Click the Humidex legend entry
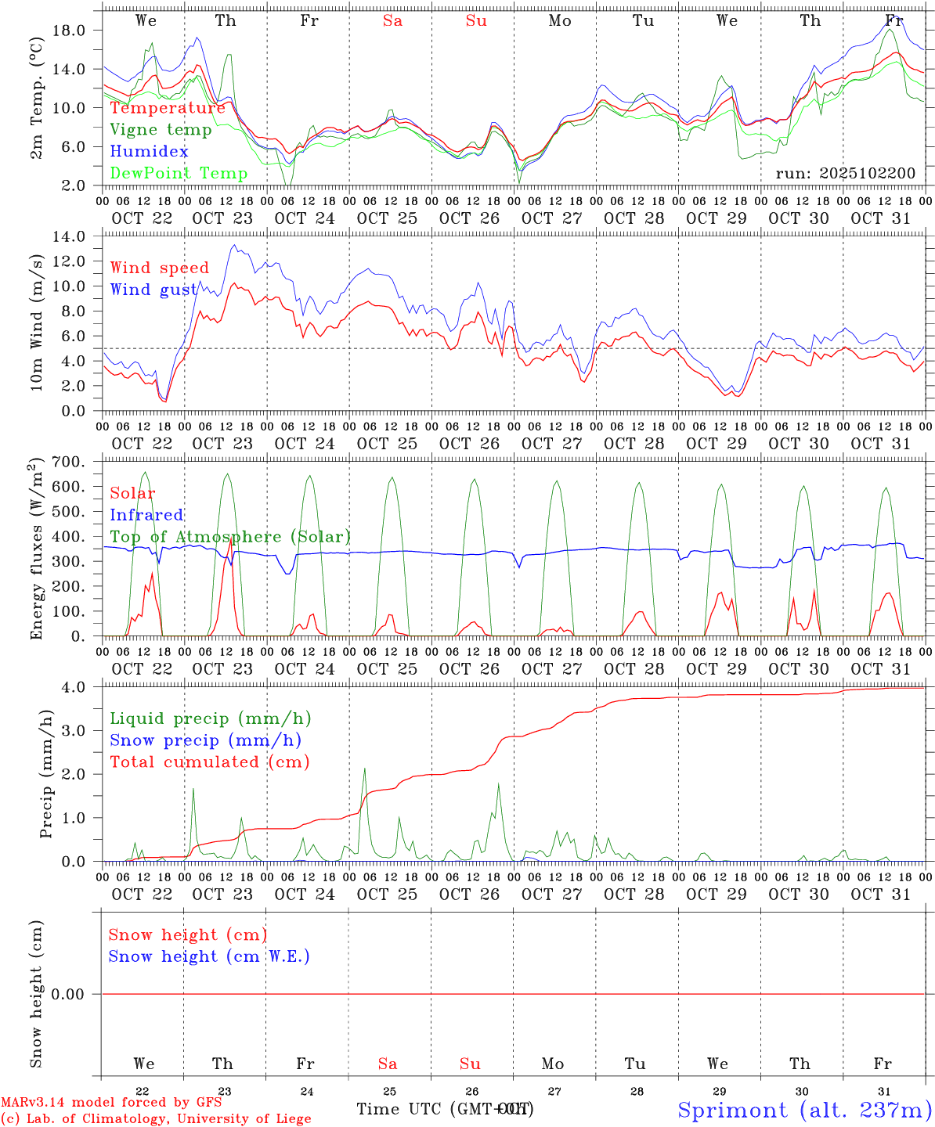click(x=149, y=151)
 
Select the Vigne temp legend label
click(x=161, y=129)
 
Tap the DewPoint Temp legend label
click(x=179, y=173)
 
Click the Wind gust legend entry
click(x=153, y=290)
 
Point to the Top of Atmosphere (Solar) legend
click(x=229, y=537)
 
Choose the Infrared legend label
click(x=146, y=515)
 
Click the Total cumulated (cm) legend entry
click(x=209, y=762)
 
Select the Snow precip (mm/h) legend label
click(x=205, y=740)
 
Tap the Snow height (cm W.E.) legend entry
click(x=209, y=956)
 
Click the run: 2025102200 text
click(x=845, y=173)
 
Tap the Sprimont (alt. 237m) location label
click(x=803, y=1110)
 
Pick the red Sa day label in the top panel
click(x=392, y=20)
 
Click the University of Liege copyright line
click(x=156, y=1118)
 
